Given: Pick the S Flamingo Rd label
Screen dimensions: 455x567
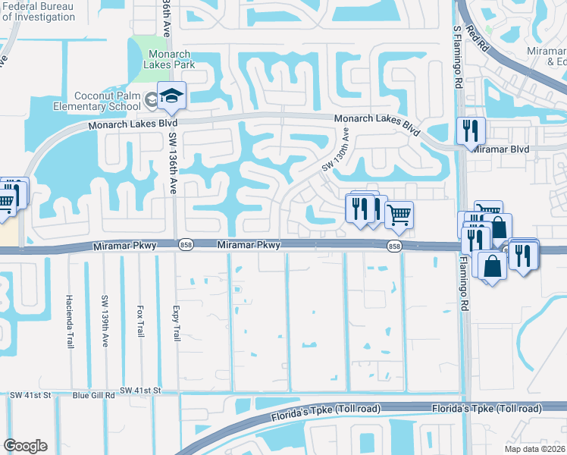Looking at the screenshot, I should (x=457, y=57).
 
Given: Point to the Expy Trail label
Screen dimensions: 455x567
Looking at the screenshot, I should (x=176, y=323).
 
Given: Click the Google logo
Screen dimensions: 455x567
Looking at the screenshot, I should (x=25, y=446).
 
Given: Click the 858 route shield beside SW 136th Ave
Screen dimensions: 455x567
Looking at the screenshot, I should (x=186, y=245).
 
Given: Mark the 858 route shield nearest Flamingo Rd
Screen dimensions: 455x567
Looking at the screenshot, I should (x=394, y=246).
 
